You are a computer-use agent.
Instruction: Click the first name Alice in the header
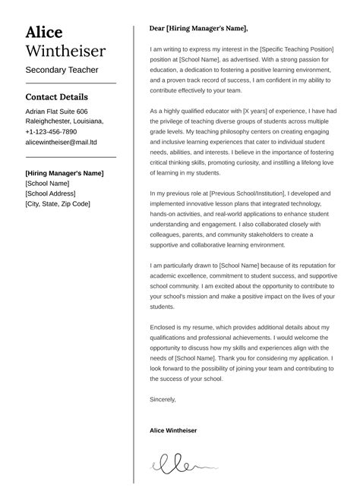[44, 32]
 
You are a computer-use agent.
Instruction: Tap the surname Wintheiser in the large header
[65, 52]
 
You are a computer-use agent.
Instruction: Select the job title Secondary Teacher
[62, 71]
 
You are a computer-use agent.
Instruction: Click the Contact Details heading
[56, 97]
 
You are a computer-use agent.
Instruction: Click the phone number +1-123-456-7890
[51, 131]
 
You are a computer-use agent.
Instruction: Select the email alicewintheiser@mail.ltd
[61, 142]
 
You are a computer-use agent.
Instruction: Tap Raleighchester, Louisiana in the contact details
[65, 121]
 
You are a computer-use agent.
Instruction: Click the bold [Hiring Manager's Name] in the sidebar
[63, 172]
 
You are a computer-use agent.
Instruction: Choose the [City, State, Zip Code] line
[58, 203]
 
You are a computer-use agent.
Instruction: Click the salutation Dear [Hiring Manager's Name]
[199, 29]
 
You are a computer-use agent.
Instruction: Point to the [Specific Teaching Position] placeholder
[294, 49]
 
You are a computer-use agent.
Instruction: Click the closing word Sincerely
[163, 399]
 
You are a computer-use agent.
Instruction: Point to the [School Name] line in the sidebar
[47, 183]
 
